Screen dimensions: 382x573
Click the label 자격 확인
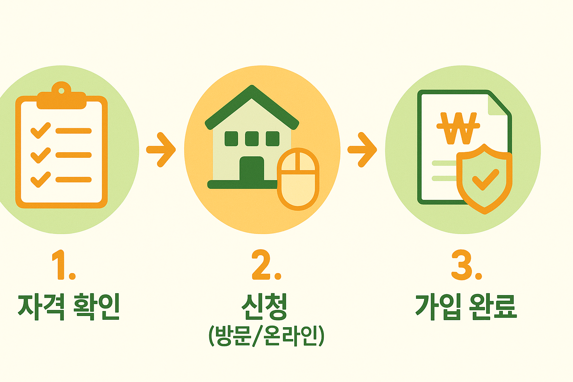tap(69, 307)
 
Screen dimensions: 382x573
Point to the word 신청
tap(264, 307)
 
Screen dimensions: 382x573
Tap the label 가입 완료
tap(466, 307)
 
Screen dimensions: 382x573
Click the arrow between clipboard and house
tap(161, 150)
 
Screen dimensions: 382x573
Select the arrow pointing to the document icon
tap(362, 150)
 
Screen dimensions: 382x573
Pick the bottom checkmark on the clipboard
tap(41, 179)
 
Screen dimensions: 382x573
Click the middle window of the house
tap(252, 138)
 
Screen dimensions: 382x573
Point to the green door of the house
tap(252, 170)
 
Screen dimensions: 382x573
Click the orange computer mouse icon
tap(298, 179)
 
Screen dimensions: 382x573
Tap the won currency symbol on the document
tap(458, 128)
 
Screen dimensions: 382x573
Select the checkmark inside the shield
tap(485, 179)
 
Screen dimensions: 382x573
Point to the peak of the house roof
tap(252, 90)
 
